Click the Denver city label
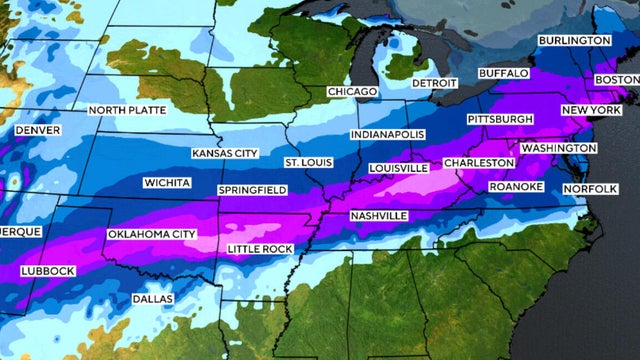38,130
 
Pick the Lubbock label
46,272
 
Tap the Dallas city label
152,299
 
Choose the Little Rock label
260,248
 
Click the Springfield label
253,190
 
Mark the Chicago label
352,92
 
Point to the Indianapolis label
388,134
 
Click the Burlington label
574,40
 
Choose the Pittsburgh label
500,119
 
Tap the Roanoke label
515,187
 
